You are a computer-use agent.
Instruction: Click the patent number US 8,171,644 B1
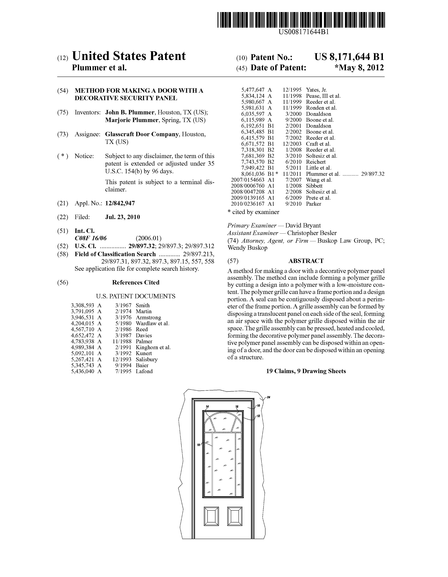(349, 57)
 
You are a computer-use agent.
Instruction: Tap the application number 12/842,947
(120, 203)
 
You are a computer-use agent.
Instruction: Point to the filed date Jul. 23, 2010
(122, 217)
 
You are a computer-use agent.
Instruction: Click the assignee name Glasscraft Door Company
(142, 134)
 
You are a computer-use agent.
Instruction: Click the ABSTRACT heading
(306, 261)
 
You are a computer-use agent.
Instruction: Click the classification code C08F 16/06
(91, 238)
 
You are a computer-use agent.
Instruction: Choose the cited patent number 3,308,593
(82, 305)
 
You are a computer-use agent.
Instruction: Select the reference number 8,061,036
(253, 174)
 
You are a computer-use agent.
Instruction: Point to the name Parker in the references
(313, 204)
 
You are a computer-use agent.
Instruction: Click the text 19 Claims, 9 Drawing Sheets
(306, 371)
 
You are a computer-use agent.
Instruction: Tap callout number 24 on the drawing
(268, 397)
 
